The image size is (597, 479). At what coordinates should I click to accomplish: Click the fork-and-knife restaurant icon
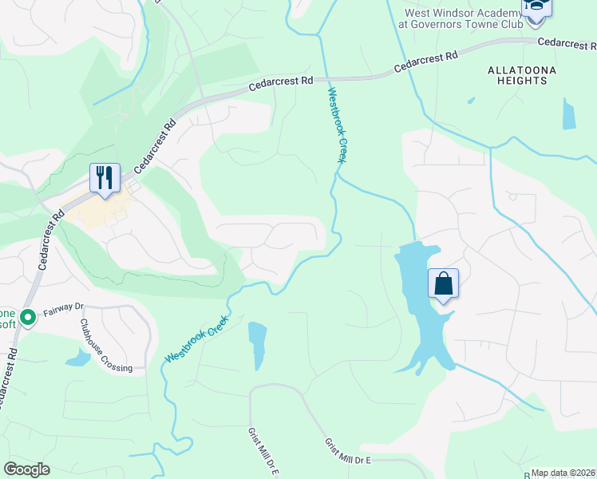[x=105, y=178]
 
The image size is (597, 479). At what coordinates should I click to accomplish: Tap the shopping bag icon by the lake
[x=443, y=284]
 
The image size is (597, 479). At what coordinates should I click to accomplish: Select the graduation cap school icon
[x=536, y=8]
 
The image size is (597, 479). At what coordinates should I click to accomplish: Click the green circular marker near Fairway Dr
[x=28, y=319]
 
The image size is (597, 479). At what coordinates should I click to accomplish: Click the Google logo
[x=27, y=469]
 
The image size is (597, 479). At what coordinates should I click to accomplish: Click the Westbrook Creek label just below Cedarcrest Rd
[x=337, y=125]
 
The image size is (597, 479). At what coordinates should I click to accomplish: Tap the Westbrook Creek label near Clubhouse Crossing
[x=196, y=339]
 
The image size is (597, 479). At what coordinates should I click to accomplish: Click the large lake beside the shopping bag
[x=419, y=319]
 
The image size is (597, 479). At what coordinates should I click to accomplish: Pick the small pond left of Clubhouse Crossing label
[x=77, y=358]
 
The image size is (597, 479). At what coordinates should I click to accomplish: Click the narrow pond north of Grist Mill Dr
[x=256, y=344]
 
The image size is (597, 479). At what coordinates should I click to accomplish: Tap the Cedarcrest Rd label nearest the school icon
[x=566, y=42]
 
